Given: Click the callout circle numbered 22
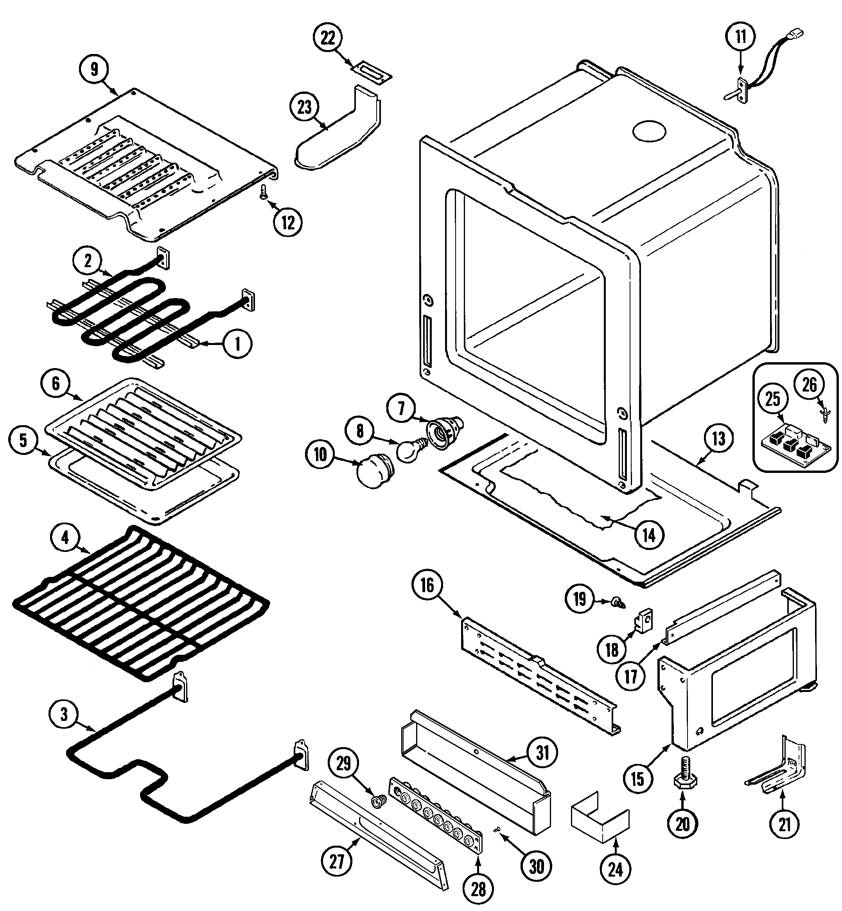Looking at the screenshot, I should tap(328, 38).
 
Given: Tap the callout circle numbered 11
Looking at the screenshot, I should tap(741, 36).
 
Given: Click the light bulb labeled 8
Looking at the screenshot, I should tap(409, 449).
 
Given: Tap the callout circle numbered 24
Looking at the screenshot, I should tap(615, 870).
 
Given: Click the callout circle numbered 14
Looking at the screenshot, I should tap(649, 535).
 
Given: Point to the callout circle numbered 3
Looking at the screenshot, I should tap(64, 714).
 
